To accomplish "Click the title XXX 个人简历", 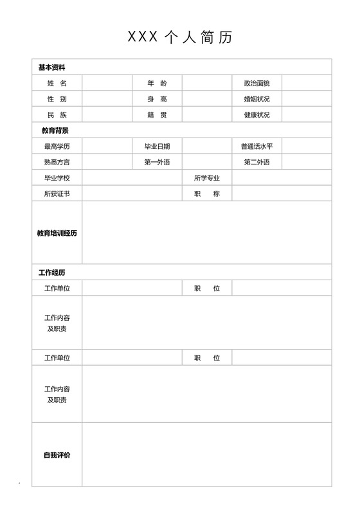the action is pyautogui.click(x=180, y=37).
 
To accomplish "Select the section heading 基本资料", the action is pyautogui.click(x=51, y=67).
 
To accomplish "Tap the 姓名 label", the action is pyautogui.click(x=57, y=84).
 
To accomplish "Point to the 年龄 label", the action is pyautogui.click(x=157, y=84).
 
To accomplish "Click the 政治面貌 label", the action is pyautogui.click(x=256, y=84).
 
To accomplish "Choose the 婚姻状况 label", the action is pyautogui.click(x=256, y=100).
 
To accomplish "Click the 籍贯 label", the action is pyautogui.click(x=157, y=115).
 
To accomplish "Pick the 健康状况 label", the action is pyautogui.click(x=256, y=115).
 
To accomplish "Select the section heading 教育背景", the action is pyautogui.click(x=51, y=131).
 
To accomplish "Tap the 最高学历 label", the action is pyautogui.click(x=57, y=147).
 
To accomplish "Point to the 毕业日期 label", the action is pyautogui.click(x=157, y=147).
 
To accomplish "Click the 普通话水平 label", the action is pyautogui.click(x=256, y=147).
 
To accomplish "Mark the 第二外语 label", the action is pyautogui.click(x=256, y=162).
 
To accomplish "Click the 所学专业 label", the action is pyautogui.click(x=207, y=178).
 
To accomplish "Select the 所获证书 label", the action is pyautogui.click(x=57, y=193).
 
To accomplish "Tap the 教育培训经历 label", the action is pyautogui.click(x=57, y=233).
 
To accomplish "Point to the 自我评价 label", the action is pyautogui.click(x=57, y=455).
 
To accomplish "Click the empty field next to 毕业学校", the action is pyautogui.click(x=132, y=178).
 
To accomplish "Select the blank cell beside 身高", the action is pyautogui.click(x=207, y=100).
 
